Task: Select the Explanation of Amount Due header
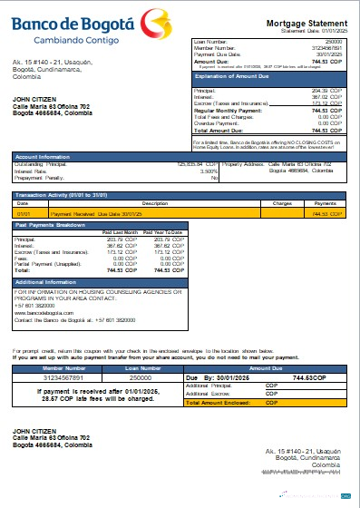pos(238,77)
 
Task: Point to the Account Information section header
pos(43,156)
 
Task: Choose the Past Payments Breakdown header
pos(53,222)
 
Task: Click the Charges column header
pos(280,203)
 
